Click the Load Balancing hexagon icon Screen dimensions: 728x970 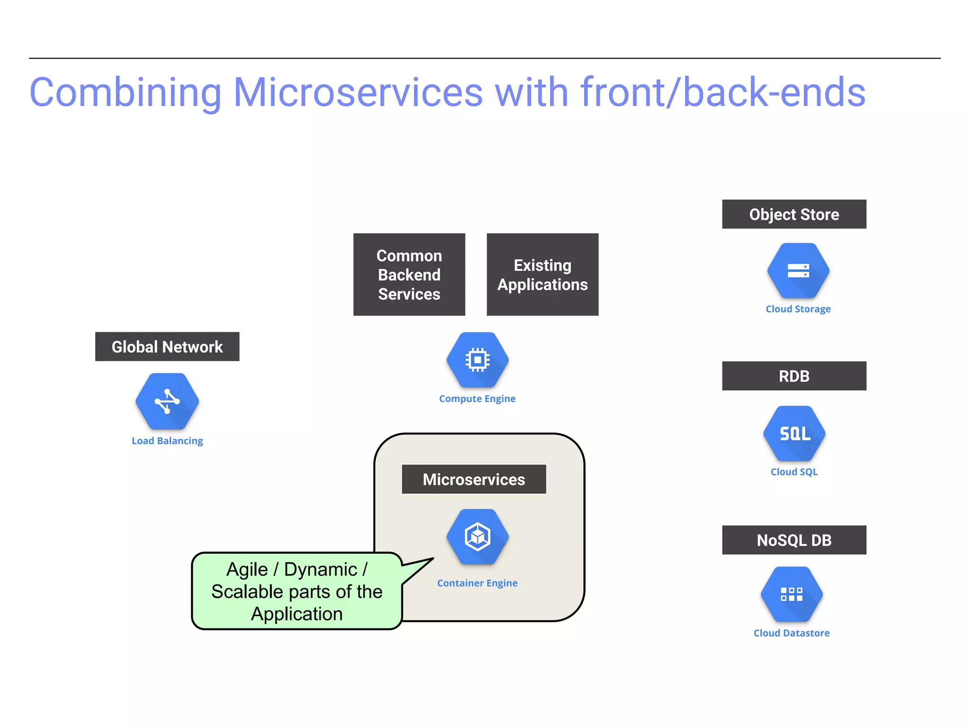coord(167,401)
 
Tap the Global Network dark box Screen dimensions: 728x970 coord(167,346)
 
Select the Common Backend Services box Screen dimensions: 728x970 coord(409,274)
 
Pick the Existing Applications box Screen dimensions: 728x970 coord(542,274)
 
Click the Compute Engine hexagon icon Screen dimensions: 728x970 coord(477,360)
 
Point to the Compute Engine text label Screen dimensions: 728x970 coord(477,399)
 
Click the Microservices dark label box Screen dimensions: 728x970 coord(474,479)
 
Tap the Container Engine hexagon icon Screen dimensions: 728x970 coord(477,537)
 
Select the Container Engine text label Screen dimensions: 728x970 coord(477,583)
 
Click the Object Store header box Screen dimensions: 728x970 coord(794,214)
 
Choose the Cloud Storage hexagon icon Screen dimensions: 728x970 coord(798,271)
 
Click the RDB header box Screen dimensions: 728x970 coord(794,376)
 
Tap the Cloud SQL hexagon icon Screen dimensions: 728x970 coord(794,433)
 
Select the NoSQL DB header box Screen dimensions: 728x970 coord(794,540)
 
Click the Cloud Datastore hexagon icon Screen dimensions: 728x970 coord(791,594)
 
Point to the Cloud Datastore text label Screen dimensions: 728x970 coord(791,633)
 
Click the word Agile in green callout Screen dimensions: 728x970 coord(247,570)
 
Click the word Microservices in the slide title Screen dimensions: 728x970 coord(358,92)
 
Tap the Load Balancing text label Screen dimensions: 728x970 coord(167,441)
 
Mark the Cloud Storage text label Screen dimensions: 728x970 coord(798,309)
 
